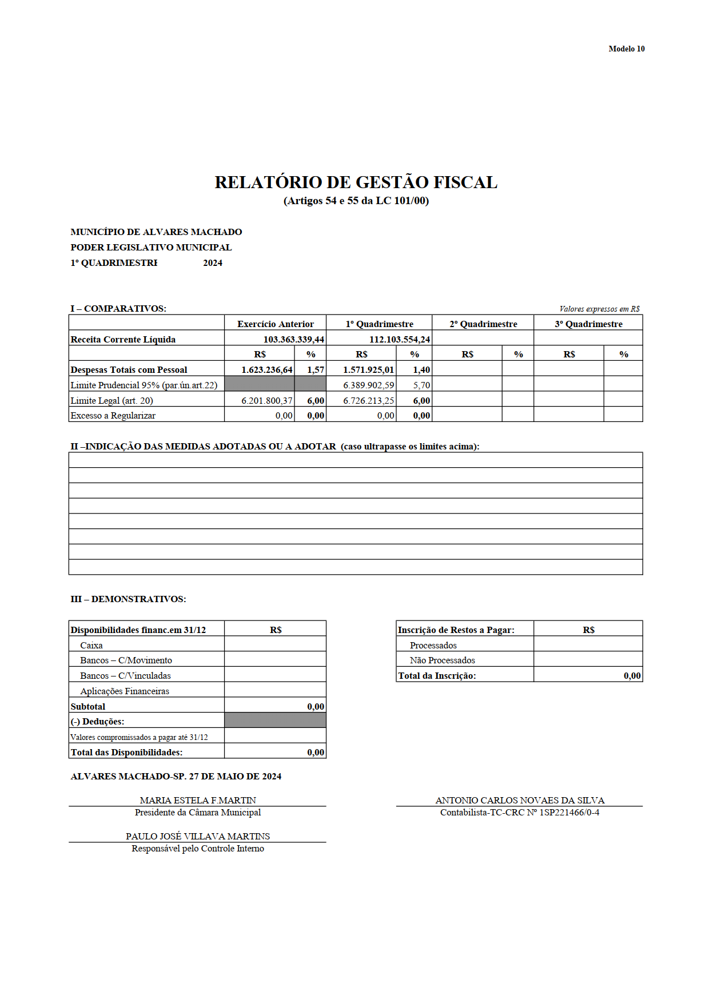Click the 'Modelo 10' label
626,49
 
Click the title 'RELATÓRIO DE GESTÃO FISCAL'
356,182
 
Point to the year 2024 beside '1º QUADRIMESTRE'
213,263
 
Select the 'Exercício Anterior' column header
276,324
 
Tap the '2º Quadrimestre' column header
483,324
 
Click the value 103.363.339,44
293,340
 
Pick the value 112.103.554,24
399,340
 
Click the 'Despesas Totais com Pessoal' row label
129,370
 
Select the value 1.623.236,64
266,370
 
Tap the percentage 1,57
316,370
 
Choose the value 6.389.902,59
368,385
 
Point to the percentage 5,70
421,385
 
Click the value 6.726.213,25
368,401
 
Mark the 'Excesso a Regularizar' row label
113,416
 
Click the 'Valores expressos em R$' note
599,309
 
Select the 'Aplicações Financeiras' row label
125,691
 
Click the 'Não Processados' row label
442,660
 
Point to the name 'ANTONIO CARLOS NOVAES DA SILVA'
520,801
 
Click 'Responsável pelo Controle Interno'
198,849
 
